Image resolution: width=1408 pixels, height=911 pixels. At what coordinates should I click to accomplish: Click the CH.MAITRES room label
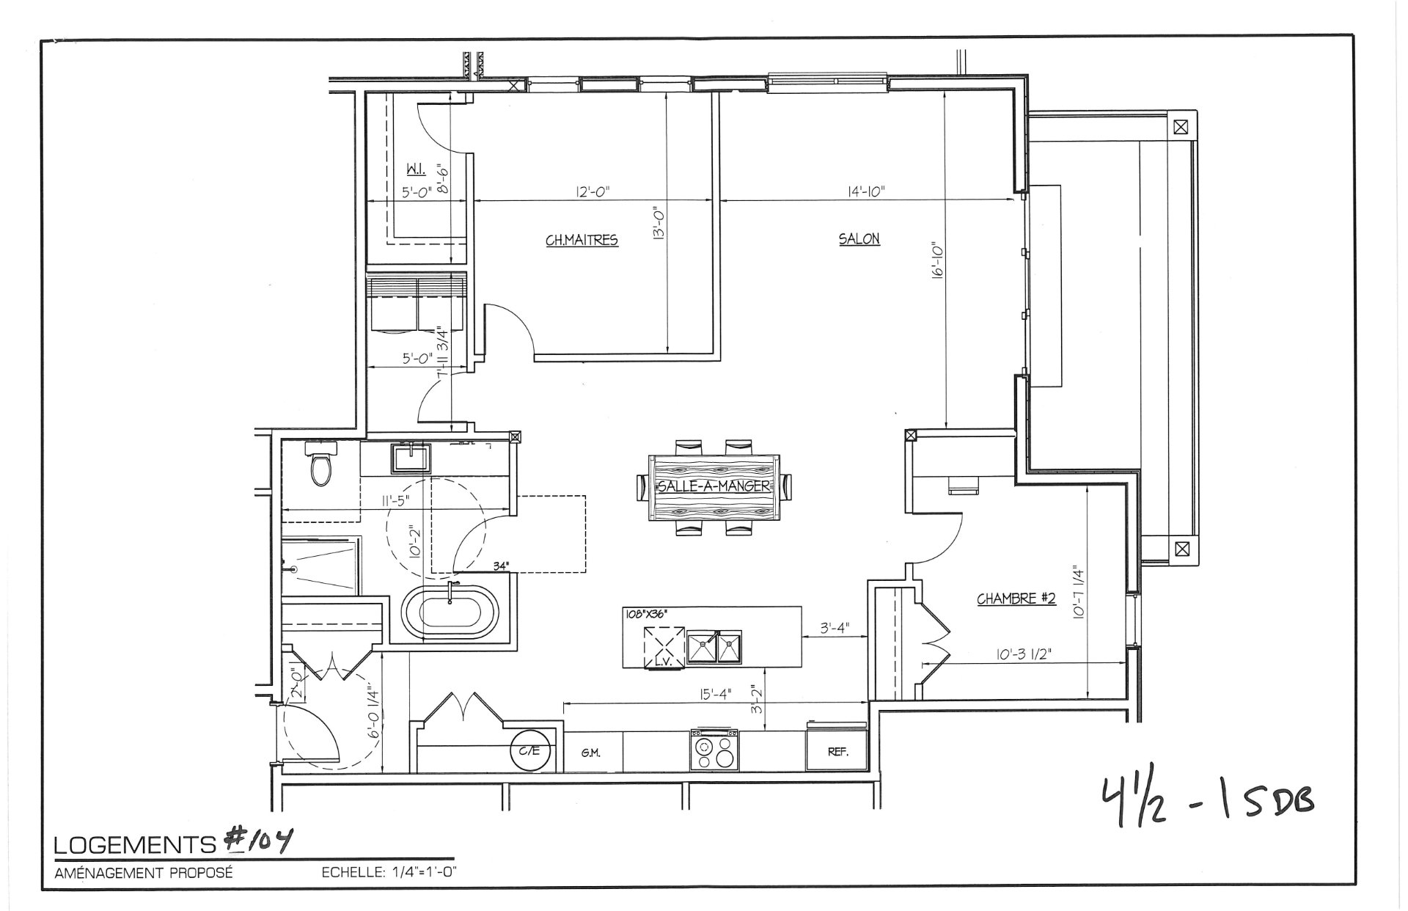(582, 240)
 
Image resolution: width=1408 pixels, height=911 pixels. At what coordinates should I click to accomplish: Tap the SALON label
(859, 238)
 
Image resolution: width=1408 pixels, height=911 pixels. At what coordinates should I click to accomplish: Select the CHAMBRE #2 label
(1016, 599)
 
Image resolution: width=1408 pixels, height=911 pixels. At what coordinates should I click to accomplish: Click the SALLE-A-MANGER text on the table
(714, 486)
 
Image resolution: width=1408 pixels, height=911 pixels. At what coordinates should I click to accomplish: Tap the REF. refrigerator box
(837, 751)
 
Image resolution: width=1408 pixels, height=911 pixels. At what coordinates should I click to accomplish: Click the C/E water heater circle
(529, 750)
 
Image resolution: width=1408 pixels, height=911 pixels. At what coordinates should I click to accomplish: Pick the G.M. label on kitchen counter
(591, 753)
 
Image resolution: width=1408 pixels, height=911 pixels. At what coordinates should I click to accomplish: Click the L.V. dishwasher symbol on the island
(664, 647)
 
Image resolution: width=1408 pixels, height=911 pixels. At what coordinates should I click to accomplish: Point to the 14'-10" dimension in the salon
(865, 191)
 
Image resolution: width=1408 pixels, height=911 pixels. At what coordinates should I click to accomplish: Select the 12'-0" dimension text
(593, 191)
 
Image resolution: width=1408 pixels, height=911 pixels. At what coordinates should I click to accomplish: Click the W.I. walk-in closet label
(415, 170)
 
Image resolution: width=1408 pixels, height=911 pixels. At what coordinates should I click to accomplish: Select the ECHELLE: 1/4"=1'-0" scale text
(389, 873)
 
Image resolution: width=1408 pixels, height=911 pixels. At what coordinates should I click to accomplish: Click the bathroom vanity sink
(411, 458)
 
